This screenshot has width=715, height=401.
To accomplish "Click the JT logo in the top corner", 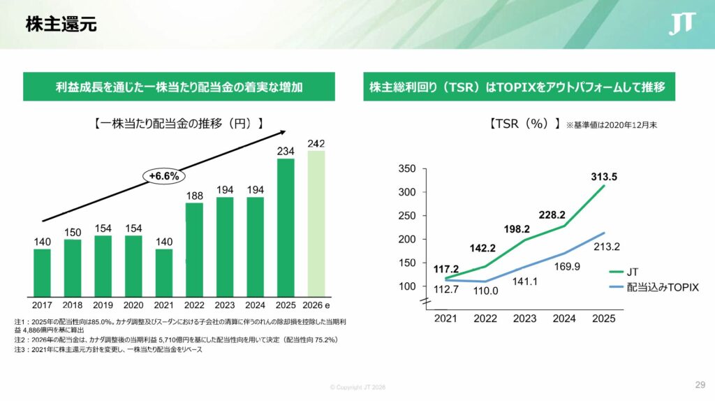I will coord(681,24).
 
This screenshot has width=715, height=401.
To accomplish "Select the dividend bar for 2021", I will coord(164,272).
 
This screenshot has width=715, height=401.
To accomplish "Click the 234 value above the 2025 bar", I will coord(286,152).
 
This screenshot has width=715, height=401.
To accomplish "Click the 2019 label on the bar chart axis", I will coord(103,305).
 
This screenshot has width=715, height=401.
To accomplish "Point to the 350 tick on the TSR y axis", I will coord(407,169).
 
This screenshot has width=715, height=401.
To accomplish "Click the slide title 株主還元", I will coord(61,25).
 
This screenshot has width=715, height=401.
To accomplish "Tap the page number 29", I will coord(700,385).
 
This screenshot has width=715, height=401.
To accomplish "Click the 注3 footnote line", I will coord(108,350).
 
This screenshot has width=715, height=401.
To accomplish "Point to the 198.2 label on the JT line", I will coord(517,229).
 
